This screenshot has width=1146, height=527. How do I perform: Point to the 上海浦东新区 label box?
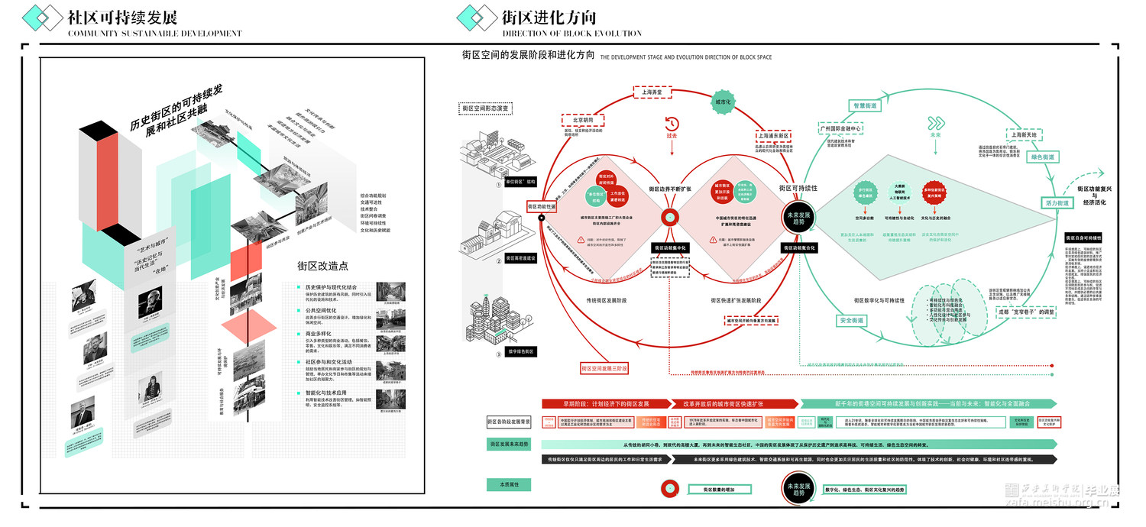pyautogui.click(x=776, y=135)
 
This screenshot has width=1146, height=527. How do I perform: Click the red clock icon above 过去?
pyautogui.click(x=672, y=124)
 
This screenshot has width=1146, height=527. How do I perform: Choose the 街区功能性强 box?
pyautogui.click(x=542, y=206)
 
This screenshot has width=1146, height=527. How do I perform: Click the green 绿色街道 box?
pyautogui.click(x=1043, y=157)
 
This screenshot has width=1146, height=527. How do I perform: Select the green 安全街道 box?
pyautogui.click(x=850, y=321)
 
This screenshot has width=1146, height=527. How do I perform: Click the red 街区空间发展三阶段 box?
pyautogui.click(x=604, y=368)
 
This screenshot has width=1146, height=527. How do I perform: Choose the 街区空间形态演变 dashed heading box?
pyautogui.click(x=485, y=108)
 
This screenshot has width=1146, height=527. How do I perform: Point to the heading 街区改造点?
pyautogui.click(x=322, y=267)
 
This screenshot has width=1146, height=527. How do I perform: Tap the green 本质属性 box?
pyautogui.click(x=509, y=484)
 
